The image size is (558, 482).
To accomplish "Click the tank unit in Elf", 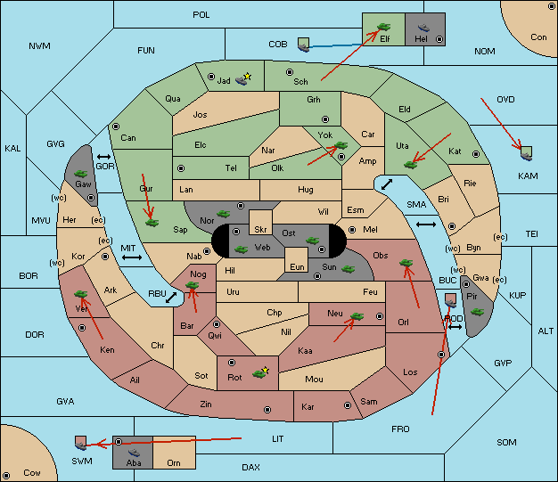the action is coord(383,27).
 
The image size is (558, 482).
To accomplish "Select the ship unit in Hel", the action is coord(423,28).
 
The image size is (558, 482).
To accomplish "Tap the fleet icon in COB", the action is coord(304,45).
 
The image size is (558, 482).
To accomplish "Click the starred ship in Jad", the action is coord(243,79).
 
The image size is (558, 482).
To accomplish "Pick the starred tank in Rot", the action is coord(260,372).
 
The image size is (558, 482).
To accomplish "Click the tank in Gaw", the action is coord(81,174).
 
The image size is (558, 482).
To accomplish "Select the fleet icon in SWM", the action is coord(81,443).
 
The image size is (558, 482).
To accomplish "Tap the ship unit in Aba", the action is coord(134,453).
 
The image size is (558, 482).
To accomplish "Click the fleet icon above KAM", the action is coord(526,153).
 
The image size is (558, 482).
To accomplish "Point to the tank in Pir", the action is coord(477,312).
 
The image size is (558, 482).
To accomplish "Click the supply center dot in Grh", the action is coord(325,119).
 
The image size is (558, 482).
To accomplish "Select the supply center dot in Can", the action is coord(116,127).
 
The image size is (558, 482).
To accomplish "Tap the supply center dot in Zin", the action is coord(267,410).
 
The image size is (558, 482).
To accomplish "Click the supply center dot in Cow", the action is coord(6,475).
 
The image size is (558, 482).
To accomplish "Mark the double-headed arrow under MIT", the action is coord(132,257).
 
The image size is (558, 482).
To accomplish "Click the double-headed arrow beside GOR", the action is coord(104,157).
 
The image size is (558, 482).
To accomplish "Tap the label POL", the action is coord(201,15).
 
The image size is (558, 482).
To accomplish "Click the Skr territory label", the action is coord(260,230).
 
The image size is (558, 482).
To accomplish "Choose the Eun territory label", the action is coord(297,266).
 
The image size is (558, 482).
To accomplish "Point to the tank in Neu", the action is coord(357,316).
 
